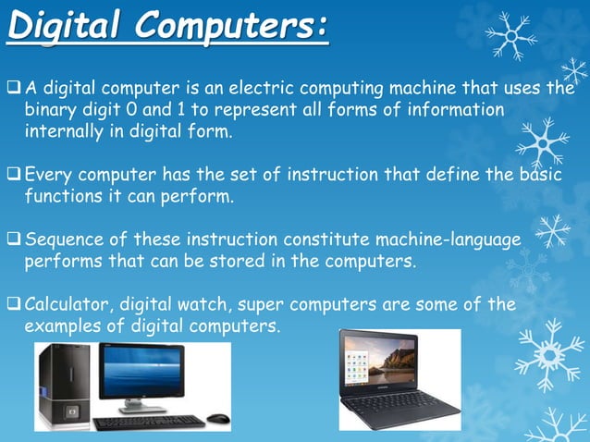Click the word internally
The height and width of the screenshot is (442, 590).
[63, 131]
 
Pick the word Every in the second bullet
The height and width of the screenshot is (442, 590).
[48, 175]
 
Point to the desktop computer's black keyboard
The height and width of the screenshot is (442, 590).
[150, 423]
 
